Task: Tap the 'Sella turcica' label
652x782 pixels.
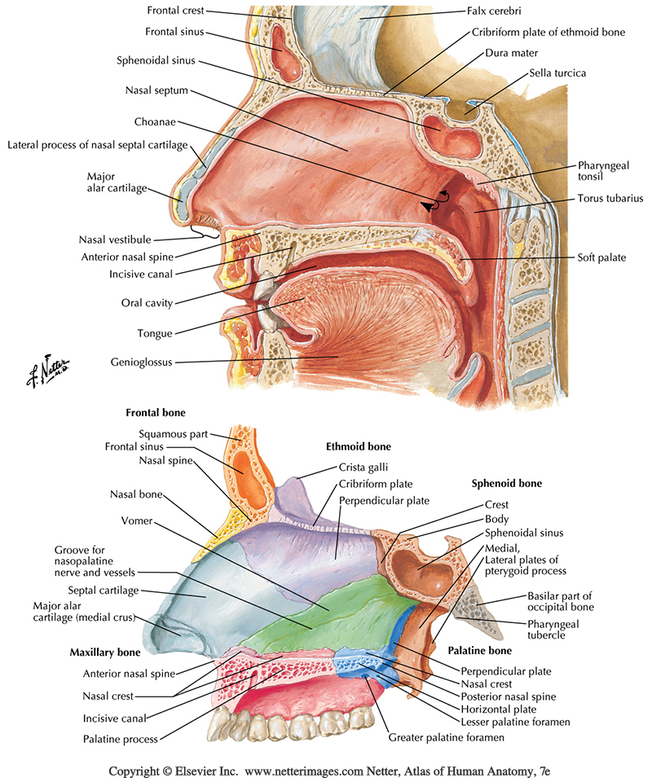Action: [557, 72]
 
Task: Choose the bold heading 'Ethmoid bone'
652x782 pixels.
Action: [358, 446]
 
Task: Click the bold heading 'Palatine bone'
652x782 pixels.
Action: [479, 651]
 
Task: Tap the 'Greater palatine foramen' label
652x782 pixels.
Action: [447, 737]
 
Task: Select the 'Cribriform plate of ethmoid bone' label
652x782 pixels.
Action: [548, 32]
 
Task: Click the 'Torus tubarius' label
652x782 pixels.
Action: [610, 198]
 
